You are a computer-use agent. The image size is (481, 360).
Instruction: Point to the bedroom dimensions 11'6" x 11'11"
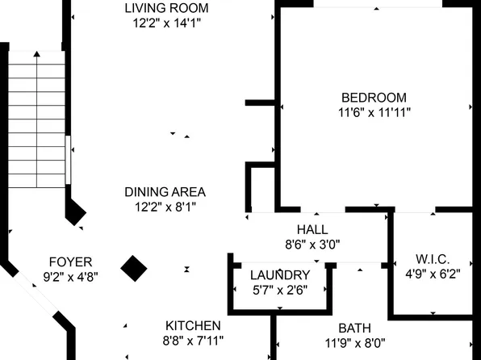click(375, 113)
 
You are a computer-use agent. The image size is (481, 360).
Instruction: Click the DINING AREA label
click(165, 192)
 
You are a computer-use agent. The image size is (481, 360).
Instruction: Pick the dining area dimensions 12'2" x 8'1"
click(165, 207)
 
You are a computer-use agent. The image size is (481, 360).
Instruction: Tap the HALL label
click(312, 229)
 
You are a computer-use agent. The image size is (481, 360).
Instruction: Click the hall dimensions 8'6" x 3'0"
click(312, 244)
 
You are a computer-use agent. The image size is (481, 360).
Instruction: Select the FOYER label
click(71, 262)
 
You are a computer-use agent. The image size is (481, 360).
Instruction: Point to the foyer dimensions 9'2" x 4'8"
click(71, 276)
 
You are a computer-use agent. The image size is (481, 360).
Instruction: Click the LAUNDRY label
click(279, 274)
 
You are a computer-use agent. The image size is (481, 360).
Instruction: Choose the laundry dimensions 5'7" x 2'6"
click(279, 289)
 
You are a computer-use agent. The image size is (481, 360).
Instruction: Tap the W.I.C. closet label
click(433, 259)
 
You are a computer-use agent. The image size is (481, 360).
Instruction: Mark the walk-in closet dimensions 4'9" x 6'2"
click(433, 274)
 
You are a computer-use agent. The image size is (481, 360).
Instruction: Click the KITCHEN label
click(194, 325)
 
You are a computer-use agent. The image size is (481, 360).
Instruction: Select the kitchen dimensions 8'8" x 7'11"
click(194, 341)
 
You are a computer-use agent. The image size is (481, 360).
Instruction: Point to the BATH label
click(354, 328)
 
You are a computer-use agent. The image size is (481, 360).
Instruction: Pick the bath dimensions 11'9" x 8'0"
click(354, 342)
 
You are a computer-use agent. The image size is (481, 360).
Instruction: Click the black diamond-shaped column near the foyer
click(134, 268)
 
